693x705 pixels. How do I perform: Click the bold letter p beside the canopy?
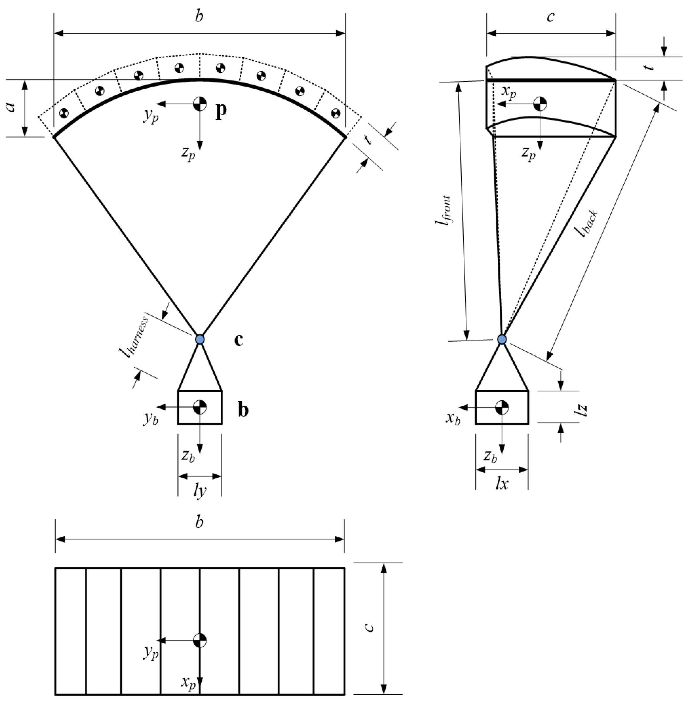pos(220,110)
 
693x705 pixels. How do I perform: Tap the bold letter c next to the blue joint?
pos(238,340)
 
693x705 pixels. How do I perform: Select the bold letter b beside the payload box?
pos(243,410)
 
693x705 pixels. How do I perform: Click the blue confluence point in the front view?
pos(199,339)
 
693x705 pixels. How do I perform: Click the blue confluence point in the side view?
pos(502,339)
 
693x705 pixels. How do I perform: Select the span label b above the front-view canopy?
pos(199,16)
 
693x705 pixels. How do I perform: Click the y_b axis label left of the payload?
pos(151,419)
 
